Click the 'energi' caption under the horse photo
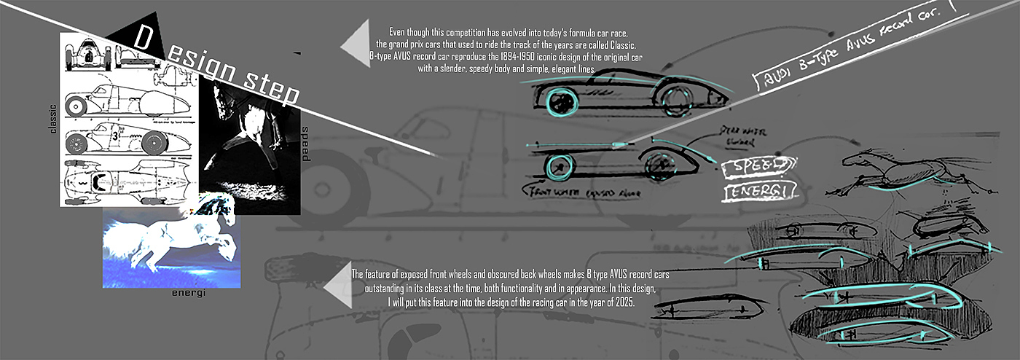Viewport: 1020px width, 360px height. (x=189, y=293)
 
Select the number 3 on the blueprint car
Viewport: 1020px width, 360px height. (x=115, y=136)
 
